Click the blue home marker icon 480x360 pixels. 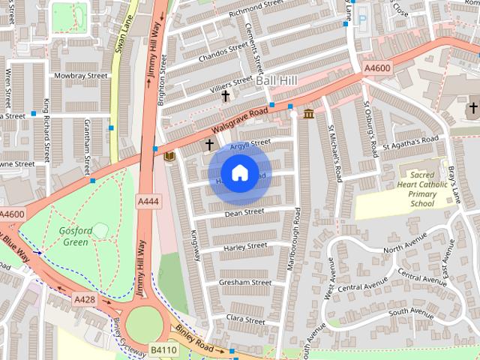[x=239, y=173]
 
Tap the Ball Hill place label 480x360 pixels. [x=277, y=79]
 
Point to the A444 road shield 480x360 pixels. [x=147, y=202]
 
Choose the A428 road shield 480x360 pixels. [x=85, y=299]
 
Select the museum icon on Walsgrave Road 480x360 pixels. [x=308, y=113]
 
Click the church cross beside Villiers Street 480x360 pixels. [x=225, y=95]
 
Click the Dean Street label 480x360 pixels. [x=244, y=213]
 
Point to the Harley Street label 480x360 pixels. [x=245, y=246]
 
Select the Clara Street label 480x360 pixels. [x=247, y=319]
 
